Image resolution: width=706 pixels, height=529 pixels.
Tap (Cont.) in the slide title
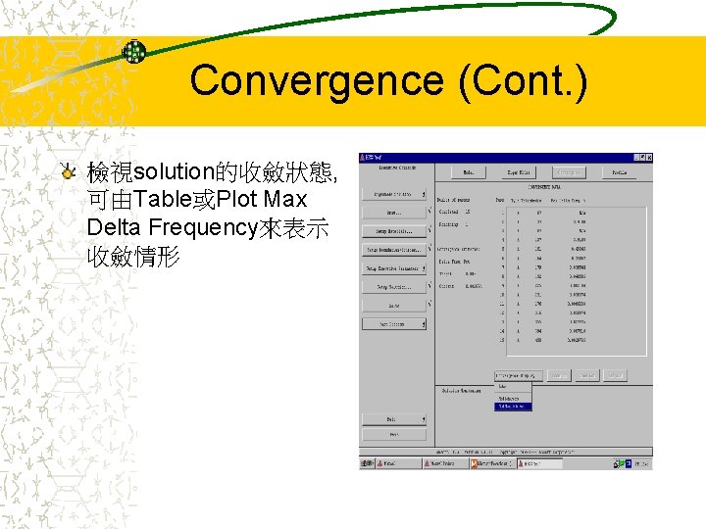(523, 80)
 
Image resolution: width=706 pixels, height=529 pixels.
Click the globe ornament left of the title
(134, 52)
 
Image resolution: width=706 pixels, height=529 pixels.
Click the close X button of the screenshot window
(646, 158)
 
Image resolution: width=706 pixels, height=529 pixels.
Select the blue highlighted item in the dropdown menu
(514, 406)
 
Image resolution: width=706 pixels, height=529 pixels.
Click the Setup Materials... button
(394, 232)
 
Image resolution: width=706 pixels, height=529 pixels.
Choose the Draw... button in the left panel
(394, 212)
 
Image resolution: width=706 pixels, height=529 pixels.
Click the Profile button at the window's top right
(620, 172)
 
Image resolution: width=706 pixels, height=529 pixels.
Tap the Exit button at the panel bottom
(394, 418)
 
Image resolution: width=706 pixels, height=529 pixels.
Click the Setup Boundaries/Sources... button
(394, 251)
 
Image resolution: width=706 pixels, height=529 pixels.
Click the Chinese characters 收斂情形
(133, 257)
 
